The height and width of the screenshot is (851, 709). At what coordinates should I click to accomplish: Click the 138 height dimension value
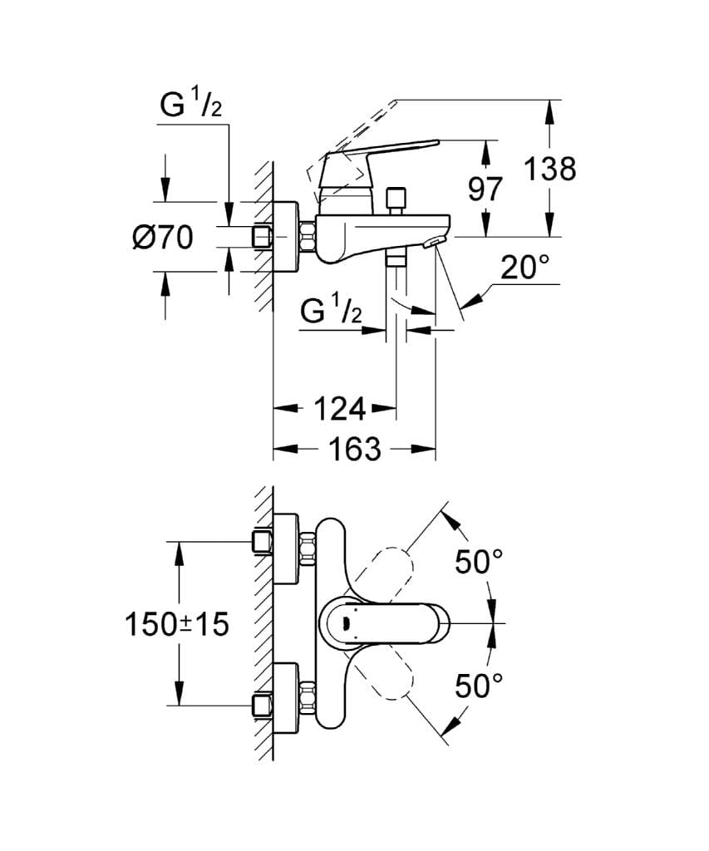(x=549, y=169)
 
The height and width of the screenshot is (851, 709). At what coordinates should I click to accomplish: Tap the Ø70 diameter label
(x=162, y=239)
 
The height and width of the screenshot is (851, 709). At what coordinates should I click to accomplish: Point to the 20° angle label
(x=524, y=268)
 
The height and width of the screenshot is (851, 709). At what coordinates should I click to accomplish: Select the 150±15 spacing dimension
(x=176, y=623)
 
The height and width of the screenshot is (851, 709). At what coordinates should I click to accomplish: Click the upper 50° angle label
(x=479, y=563)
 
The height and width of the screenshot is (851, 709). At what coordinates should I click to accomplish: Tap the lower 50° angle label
(x=479, y=686)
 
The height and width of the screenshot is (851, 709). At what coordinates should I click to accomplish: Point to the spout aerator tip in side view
(x=434, y=241)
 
